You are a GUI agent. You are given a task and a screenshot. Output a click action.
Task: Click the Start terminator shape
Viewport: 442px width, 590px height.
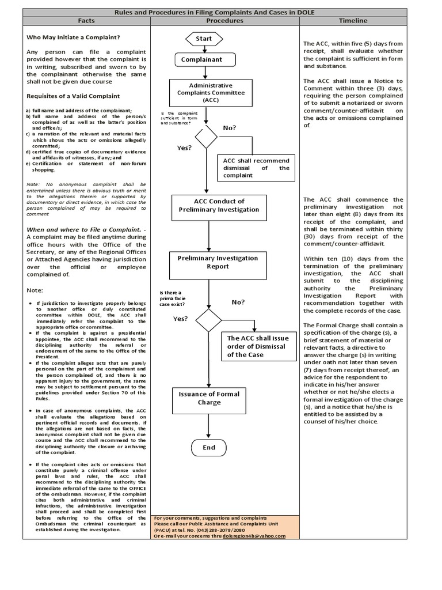pyautogui.click(x=204, y=39)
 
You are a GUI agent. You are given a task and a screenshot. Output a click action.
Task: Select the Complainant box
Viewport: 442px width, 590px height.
pyautogui.click(x=201, y=59)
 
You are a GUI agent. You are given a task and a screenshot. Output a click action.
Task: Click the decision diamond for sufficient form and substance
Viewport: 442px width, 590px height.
pyautogui.click(x=206, y=137)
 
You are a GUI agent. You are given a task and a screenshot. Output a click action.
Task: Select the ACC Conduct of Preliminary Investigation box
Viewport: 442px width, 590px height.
pyautogui.click(x=211, y=206)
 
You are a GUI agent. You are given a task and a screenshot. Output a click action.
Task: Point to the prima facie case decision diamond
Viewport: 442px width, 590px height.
pyautogui.click(x=208, y=320)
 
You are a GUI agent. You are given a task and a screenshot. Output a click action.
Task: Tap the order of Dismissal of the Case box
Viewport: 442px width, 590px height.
pyautogui.click(x=254, y=346)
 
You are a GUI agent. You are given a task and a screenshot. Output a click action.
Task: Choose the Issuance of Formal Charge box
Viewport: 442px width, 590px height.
pyautogui.click(x=209, y=398)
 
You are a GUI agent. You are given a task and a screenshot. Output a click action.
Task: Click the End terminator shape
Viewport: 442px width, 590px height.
pyautogui.click(x=209, y=447)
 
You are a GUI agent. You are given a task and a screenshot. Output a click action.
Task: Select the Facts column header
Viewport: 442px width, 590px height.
pyautogui.click(x=86, y=21)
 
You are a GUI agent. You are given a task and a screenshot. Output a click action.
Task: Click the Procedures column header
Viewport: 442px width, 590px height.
pyautogui.click(x=224, y=21)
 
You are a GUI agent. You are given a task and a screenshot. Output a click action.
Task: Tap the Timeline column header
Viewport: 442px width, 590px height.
pyautogui.click(x=353, y=21)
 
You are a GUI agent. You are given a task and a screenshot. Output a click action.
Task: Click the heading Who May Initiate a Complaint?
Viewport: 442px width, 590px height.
pyautogui.click(x=74, y=37)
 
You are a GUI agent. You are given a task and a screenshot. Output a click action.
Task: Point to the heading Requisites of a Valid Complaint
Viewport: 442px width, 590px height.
pyautogui.click(x=73, y=96)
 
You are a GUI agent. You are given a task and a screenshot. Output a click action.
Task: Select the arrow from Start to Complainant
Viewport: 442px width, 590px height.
pyautogui.click(x=203, y=48)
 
